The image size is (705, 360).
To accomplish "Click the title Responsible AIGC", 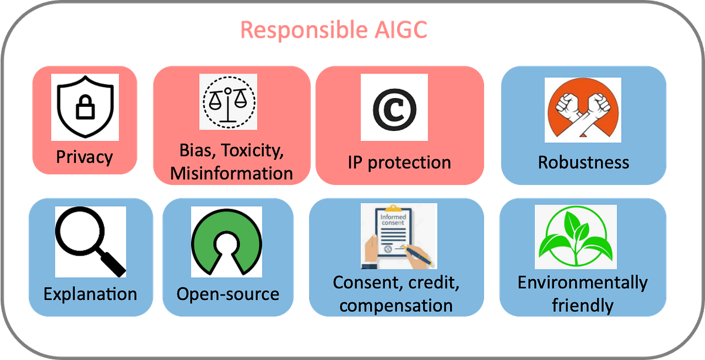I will (333, 30).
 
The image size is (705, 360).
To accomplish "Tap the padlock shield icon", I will (85, 106).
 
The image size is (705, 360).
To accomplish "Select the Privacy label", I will (85, 157).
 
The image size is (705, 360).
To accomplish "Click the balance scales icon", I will (228, 102).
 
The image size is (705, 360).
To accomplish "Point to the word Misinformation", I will (231, 173).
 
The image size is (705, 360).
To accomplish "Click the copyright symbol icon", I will (394, 108).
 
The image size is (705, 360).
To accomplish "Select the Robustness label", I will (583, 162).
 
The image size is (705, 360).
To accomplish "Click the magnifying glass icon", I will (90, 241).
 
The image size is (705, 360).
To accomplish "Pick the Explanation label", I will (90, 294).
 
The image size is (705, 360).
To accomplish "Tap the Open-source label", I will (228, 294).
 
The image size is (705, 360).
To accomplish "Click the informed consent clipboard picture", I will (398, 235).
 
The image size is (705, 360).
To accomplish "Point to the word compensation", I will (396, 305).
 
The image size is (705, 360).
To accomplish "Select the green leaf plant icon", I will (575, 237).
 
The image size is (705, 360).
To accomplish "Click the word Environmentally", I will (582, 282).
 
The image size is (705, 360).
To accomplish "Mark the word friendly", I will (582, 305).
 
